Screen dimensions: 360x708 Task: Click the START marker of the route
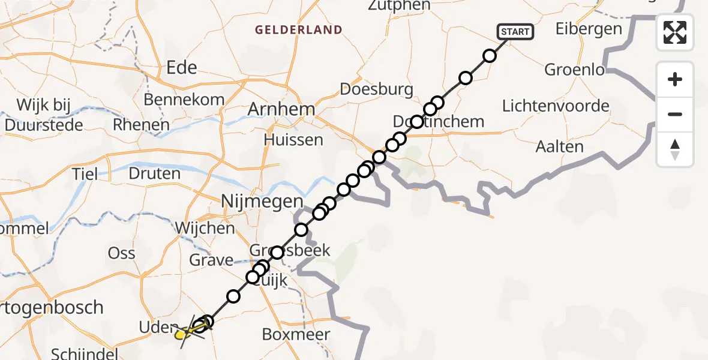515,32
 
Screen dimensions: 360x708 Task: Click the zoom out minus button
675,114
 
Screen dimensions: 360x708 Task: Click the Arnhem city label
281,110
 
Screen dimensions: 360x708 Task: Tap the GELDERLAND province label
298,29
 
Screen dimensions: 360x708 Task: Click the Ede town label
182,67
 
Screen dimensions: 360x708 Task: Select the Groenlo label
574,70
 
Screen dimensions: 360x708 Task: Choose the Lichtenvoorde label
556,106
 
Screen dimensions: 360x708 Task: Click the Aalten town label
559,146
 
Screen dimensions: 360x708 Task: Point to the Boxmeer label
296,334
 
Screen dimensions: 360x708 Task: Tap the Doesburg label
376,89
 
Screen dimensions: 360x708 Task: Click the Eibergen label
589,29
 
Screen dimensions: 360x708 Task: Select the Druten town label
154,174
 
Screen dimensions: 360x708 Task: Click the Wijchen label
205,228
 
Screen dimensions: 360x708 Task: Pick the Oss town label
121,253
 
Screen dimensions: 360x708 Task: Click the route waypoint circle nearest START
490,56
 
